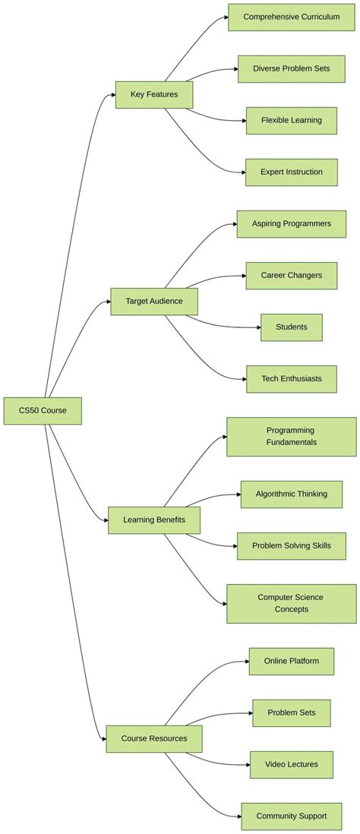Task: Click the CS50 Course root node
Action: pyautogui.click(x=43, y=410)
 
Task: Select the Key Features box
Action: pyautogui.click(x=154, y=95)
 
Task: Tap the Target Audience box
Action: pyautogui.click(x=154, y=302)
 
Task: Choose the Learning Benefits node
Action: pyautogui.click(x=154, y=520)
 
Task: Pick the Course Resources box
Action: pyautogui.click(x=154, y=738)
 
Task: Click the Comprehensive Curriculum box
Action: pyautogui.click(x=291, y=17)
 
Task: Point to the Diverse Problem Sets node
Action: pyautogui.click(x=291, y=68)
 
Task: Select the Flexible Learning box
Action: pyautogui.click(x=291, y=120)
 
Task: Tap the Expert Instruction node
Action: pyautogui.click(x=291, y=172)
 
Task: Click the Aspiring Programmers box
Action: pyautogui.click(x=291, y=224)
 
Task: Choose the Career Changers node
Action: pyautogui.click(x=291, y=276)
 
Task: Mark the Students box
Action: pyautogui.click(x=291, y=327)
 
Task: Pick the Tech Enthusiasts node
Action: pyautogui.click(x=291, y=379)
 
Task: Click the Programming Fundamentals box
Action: pyautogui.click(x=291, y=437)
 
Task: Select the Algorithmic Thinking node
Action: pyautogui.click(x=291, y=494)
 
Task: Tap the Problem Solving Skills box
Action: pyautogui.click(x=291, y=545)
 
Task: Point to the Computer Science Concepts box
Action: pyautogui.click(x=291, y=603)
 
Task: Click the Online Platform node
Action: pyautogui.click(x=291, y=661)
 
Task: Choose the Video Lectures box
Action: pyautogui.click(x=291, y=764)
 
